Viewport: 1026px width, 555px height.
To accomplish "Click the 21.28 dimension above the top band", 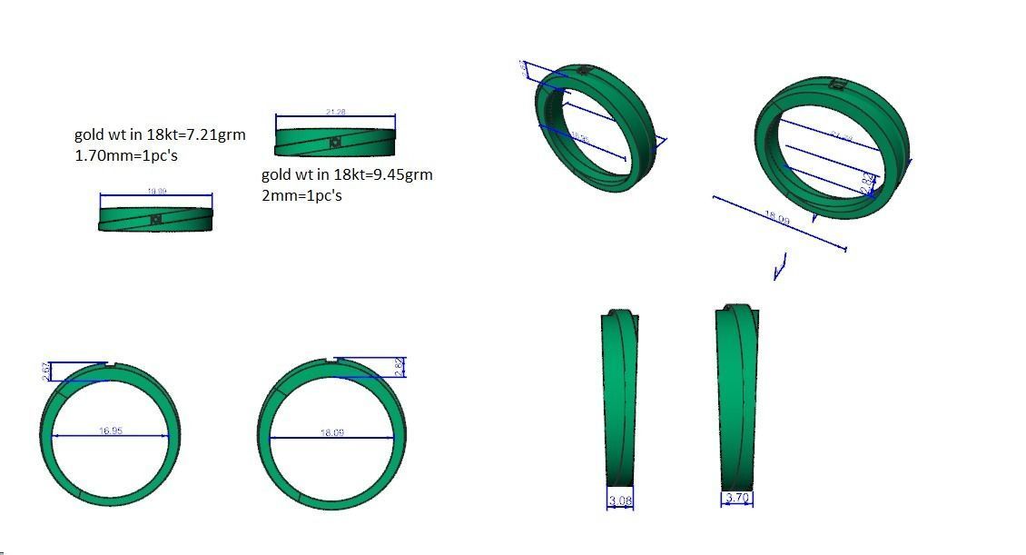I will click(335, 112).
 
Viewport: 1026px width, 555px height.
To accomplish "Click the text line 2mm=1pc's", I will click(301, 195).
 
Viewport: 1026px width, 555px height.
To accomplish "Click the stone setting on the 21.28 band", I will click(336, 142).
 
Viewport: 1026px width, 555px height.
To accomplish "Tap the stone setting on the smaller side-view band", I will click(156, 219).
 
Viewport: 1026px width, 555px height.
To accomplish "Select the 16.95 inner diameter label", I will click(111, 431).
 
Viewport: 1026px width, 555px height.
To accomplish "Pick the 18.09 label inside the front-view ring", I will click(332, 432).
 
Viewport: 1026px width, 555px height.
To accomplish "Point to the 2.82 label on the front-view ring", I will click(400, 366).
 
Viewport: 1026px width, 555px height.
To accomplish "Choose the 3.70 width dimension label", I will click(737, 498).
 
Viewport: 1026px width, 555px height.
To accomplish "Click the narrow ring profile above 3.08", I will click(620, 400).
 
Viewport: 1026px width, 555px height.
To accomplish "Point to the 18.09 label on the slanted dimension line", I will click(777, 220).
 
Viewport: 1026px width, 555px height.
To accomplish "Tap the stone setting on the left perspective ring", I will click(585, 70).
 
